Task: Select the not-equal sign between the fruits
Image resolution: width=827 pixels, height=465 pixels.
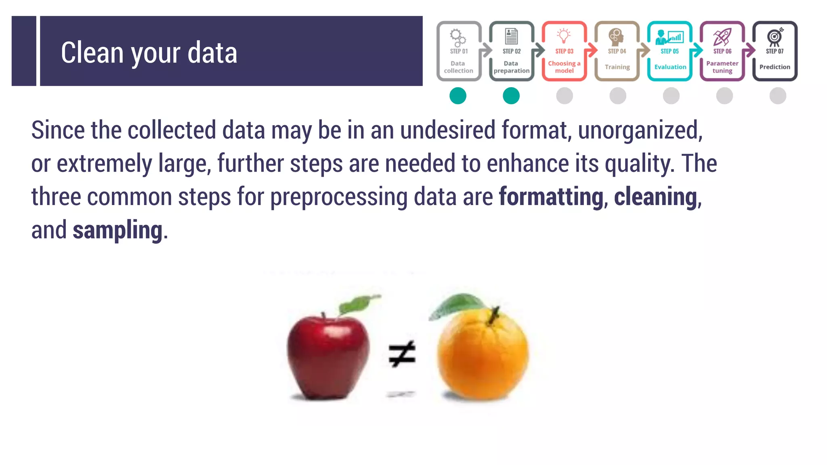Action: [401, 354]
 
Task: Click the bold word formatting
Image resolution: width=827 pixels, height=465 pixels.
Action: [551, 197]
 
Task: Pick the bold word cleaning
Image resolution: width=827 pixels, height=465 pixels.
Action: [655, 197]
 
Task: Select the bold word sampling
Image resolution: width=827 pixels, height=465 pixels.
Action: [118, 230]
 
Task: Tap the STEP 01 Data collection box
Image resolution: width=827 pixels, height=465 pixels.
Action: [459, 51]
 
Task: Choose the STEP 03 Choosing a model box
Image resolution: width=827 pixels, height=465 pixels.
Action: [564, 51]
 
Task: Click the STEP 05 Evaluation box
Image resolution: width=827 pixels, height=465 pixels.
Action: [670, 51]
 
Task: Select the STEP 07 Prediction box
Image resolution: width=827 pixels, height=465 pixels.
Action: [775, 51]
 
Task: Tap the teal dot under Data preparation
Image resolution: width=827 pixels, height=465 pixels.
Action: [511, 96]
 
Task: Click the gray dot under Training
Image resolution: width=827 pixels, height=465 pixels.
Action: [618, 96]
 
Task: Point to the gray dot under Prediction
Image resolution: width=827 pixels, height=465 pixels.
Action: [778, 96]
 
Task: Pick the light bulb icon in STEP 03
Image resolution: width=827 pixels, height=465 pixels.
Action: [564, 36]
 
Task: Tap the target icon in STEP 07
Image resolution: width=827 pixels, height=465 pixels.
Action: [775, 37]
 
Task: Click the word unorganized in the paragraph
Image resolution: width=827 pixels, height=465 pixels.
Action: [640, 130]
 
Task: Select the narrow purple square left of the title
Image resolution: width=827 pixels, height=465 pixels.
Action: [24, 51]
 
